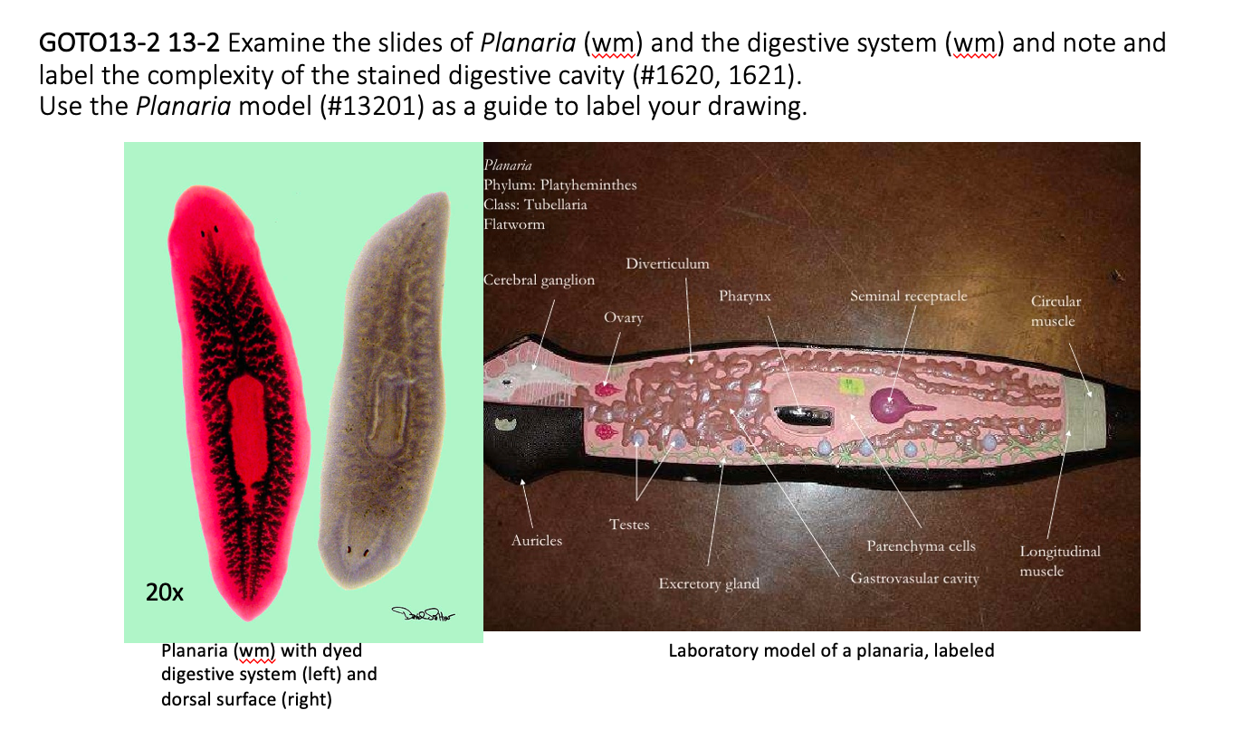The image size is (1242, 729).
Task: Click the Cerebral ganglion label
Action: point(540,280)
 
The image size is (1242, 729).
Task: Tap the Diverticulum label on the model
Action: point(667,263)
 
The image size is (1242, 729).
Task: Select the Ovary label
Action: point(623,317)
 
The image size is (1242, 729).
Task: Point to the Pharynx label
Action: point(744,296)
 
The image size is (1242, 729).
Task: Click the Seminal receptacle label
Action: point(908,296)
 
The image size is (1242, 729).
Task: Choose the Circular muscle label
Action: point(1056,310)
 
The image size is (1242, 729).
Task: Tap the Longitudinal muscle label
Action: point(1059,561)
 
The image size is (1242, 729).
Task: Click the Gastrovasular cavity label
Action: point(914,578)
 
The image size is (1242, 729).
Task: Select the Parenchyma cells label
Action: point(921,546)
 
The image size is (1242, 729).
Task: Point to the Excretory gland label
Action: point(709,583)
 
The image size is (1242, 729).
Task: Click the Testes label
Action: point(628,525)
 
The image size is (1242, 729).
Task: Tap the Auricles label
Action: point(536,541)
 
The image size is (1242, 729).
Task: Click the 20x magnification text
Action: point(165,593)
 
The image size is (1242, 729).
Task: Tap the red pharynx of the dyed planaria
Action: point(245,425)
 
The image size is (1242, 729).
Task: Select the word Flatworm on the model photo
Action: point(514,223)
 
